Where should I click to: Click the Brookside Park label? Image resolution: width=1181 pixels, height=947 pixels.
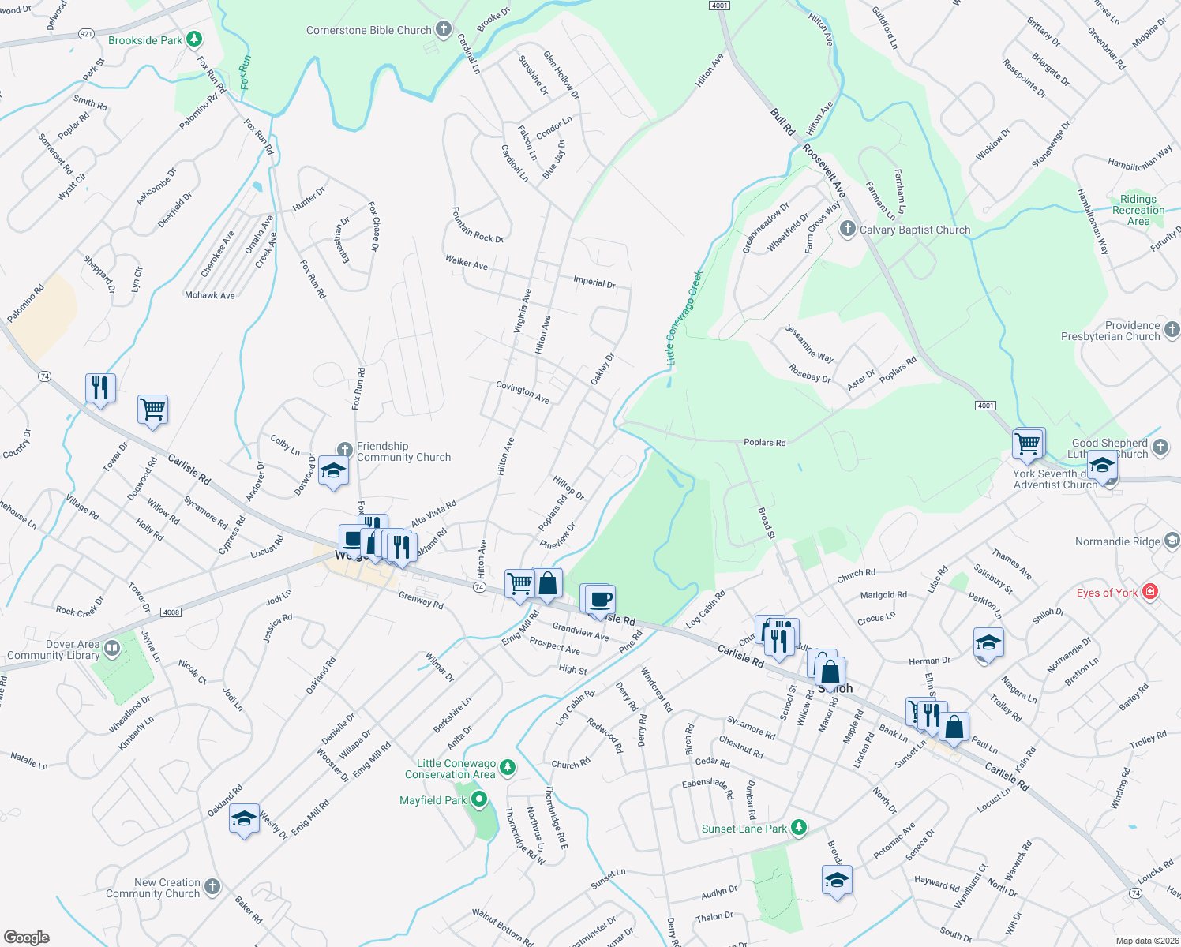145,40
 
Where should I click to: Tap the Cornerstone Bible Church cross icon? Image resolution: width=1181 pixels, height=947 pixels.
444,30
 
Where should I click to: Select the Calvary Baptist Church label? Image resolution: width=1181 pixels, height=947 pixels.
915,230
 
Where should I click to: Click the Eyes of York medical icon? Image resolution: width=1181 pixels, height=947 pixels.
1150,592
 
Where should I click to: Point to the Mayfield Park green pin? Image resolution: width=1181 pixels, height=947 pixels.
478,800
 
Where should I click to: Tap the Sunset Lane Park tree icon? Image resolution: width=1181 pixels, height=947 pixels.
799,827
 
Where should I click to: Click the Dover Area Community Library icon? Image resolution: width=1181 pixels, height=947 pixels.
111,649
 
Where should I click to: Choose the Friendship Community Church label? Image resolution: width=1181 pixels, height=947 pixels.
403,451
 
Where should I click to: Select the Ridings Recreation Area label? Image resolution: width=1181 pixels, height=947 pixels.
1138,210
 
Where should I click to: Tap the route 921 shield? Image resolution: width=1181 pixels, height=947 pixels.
86,34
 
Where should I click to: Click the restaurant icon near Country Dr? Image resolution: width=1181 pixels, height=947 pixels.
100,387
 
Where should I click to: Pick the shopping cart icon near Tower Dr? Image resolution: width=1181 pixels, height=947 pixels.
152,409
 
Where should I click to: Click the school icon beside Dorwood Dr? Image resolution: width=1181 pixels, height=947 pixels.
333,471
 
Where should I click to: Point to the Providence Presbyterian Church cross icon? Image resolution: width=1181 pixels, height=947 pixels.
1172,330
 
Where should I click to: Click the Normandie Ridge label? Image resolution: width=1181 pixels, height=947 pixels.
1117,541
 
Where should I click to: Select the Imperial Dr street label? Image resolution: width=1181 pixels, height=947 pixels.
594,282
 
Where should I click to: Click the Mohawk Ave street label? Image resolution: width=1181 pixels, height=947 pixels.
209,295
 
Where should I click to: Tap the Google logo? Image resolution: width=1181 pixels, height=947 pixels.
27,937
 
